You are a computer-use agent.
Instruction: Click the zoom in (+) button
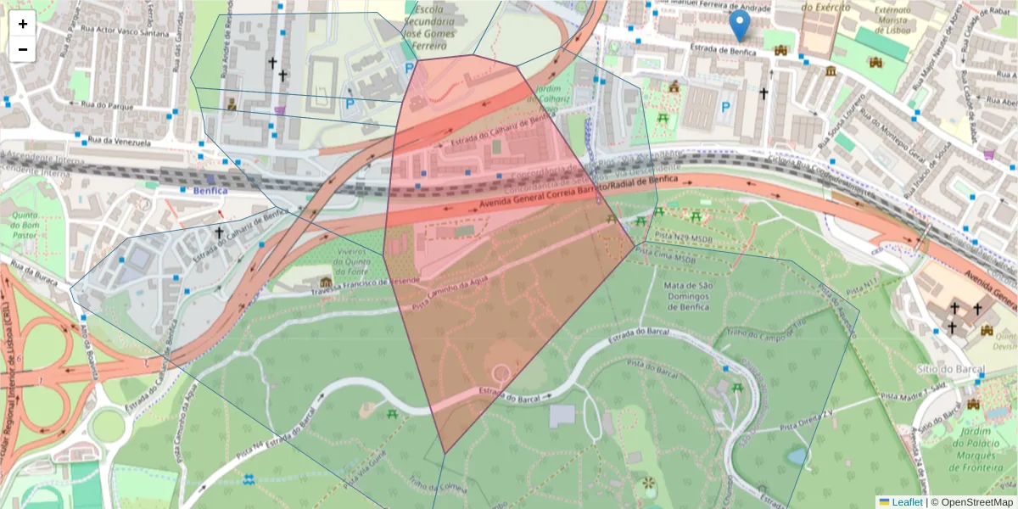(x=23, y=24)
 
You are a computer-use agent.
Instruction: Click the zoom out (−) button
(x=23, y=49)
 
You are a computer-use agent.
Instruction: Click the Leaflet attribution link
(x=900, y=502)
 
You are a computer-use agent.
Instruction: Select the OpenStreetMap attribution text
(x=970, y=502)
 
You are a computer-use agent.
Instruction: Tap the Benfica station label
(x=210, y=191)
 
